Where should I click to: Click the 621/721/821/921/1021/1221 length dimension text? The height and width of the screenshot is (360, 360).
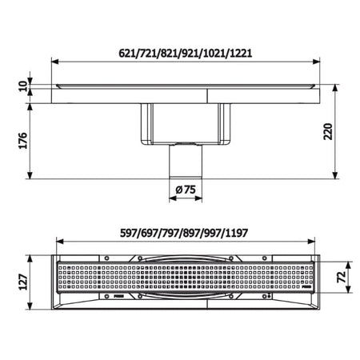[186, 54]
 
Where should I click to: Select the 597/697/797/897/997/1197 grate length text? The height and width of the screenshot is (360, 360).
[184, 233]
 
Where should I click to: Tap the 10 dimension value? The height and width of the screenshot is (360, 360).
[23, 86]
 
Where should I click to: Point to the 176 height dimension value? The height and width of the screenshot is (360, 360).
[23, 140]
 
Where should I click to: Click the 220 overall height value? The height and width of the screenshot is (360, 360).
[328, 131]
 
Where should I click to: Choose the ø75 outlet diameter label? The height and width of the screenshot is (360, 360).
[186, 190]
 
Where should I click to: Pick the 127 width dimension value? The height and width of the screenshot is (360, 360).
[23, 282]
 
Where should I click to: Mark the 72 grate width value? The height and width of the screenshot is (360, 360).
[342, 277]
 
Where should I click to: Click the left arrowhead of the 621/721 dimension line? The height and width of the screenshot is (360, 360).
[55, 62]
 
